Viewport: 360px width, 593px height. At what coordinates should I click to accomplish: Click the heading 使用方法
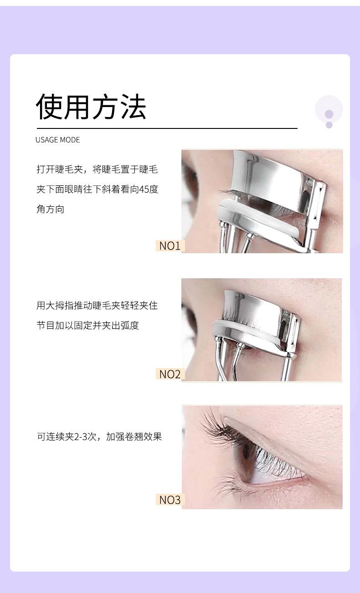coord(91,107)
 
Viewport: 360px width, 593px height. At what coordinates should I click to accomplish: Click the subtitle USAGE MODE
coord(57,140)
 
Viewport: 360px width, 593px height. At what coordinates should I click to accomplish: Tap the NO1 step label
coord(170,246)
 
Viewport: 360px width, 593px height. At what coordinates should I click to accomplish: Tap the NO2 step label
coord(170,374)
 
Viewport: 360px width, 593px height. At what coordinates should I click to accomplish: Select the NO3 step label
coord(170,500)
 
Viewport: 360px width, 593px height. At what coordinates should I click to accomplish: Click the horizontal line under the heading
coord(167,129)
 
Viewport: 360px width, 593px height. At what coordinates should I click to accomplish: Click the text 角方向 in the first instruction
coord(50,210)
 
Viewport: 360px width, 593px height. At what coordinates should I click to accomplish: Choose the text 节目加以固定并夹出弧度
coord(87,326)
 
